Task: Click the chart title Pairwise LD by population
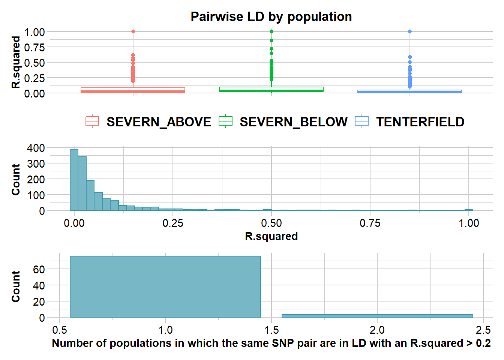(271, 16)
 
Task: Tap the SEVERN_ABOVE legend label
(159, 122)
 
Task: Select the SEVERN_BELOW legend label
(293, 122)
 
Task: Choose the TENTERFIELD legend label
(420, 122)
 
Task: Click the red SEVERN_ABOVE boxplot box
(133, 90)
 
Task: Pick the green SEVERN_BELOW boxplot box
(271, 89)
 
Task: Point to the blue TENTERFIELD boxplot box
(409, 91)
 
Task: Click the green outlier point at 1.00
(271, 31)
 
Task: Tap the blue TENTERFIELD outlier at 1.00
(410, 31)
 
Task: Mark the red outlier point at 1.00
(133, 31)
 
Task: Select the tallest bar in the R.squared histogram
(74, 180)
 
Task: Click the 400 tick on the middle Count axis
(36, 148)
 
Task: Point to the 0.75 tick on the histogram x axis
(370, 223)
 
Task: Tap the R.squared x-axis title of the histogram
(271, 236)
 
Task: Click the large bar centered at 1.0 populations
(165, 287)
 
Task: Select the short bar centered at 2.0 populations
(377, 316)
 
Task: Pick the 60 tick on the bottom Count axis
(39, 269)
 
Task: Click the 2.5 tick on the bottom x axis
(483, 330)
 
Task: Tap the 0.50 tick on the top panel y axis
(34, 63)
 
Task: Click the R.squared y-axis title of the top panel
(16, 62)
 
